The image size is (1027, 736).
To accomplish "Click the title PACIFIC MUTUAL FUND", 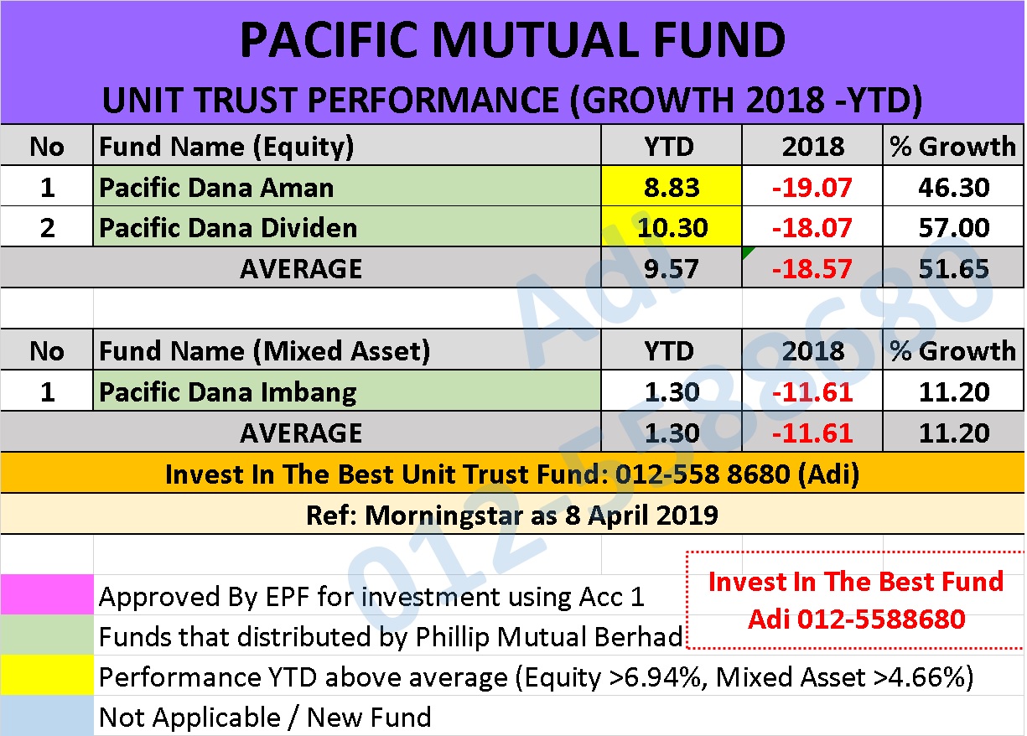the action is pos(512,40).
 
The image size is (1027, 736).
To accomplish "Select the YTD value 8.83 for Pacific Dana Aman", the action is pos(672,188).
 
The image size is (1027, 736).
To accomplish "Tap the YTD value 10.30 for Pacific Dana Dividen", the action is pos(672,228).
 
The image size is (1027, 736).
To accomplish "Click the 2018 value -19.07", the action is pos(812,188).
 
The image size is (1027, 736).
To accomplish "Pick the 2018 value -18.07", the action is pos(812,228).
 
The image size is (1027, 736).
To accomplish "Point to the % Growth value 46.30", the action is pos(954,188).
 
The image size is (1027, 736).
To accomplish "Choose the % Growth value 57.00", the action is pos(954,228).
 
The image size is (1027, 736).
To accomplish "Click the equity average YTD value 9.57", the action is pos(672,269).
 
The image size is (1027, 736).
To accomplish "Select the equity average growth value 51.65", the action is pos(954,269).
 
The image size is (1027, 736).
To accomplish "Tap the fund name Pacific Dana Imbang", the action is pos(228,392).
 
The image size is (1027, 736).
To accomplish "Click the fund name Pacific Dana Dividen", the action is pos(228,228).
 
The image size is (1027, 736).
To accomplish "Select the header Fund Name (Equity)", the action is pos(226,148).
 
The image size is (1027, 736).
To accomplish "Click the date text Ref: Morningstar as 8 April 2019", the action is pos(511,515).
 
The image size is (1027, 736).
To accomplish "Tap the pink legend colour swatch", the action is pos(47,594).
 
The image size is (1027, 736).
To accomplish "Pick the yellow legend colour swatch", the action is pos(47,675).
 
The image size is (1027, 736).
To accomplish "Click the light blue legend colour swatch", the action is pos(47,715).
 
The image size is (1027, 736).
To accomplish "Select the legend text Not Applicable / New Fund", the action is pos(265,718).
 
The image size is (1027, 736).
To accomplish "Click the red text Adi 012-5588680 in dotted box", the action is pos(857,619).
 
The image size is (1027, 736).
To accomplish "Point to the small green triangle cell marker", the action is pos(746,251).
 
